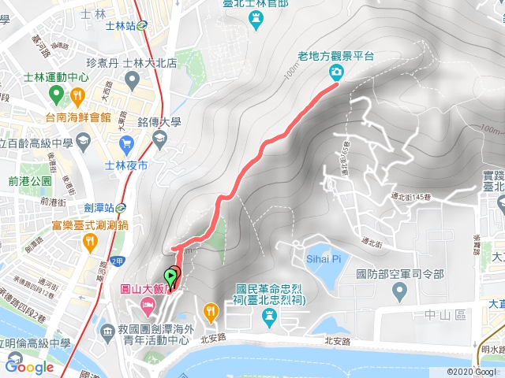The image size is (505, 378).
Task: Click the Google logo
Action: (29, 366)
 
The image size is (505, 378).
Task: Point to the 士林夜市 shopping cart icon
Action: (126, 143)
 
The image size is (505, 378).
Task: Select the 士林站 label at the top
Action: (121, 24)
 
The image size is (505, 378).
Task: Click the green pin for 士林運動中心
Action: (56, 95)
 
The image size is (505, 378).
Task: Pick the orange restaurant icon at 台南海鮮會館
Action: (77, 95)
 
